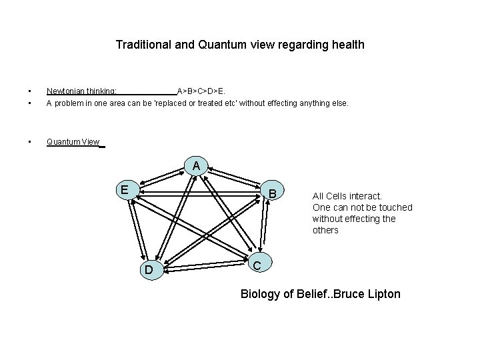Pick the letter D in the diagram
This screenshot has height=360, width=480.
(150, 270)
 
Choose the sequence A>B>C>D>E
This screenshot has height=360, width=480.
(201, 91)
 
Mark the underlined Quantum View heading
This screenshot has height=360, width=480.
(73, 142)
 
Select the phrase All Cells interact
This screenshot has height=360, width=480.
(347, 196)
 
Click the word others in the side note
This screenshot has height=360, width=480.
(325, 230)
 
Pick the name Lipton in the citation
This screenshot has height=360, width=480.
(383, 293)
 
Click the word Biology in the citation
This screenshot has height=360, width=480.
(260, 293)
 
